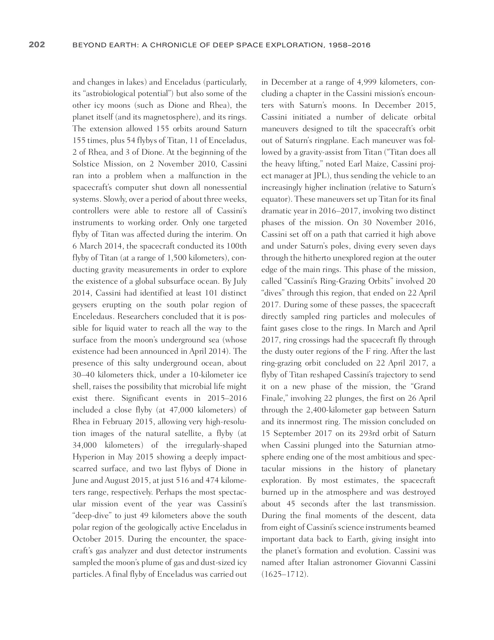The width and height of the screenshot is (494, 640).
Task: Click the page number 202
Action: [37, 45]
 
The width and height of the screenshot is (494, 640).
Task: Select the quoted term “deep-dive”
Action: [88, 516]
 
